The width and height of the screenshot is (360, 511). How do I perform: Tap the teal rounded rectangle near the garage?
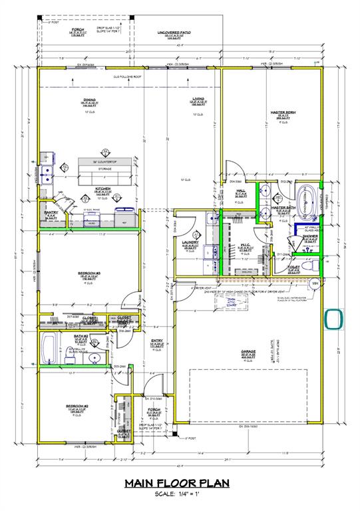click(x=333, y=319)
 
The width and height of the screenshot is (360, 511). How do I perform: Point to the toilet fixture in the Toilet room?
click(x=307, y=265)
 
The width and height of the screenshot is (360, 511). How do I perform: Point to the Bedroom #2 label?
click(x=75, y=406)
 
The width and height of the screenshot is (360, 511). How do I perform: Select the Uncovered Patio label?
click(x=174, y=33)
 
